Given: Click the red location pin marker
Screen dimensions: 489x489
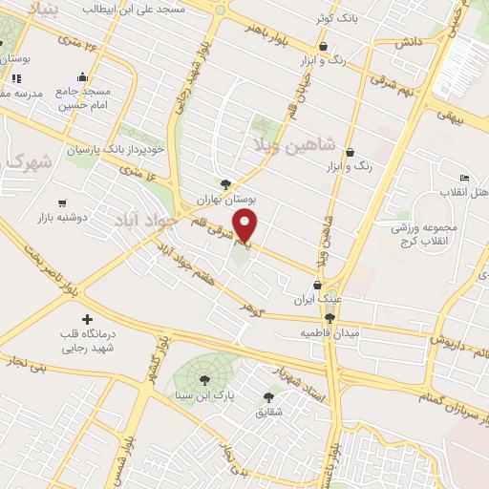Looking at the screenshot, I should pos(247,225).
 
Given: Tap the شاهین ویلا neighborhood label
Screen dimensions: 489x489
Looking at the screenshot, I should pos(294,144).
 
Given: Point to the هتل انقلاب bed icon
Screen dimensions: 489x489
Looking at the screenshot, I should pos(465,179).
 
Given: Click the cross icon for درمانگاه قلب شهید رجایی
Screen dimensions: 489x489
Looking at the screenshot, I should pos(88,318).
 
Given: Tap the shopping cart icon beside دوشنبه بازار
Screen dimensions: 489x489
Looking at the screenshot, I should pos(63,202).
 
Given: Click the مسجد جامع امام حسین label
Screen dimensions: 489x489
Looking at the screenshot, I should pos(84,97).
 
